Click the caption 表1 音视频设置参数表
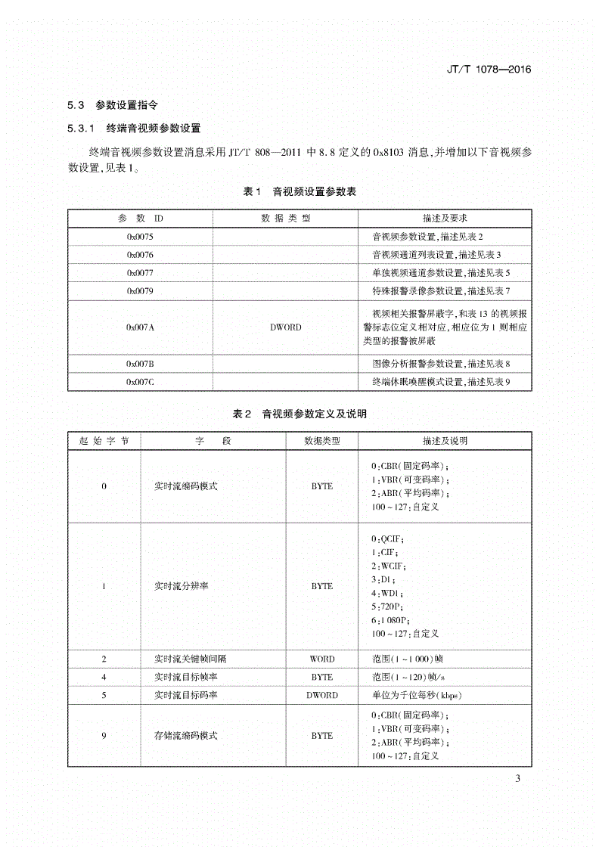[x=299, y=192]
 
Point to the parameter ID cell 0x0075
[x=140, y=237]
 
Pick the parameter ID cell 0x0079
[x=140, y=291]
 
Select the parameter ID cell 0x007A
[x=140, y=327]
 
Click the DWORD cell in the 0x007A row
[x=285, y=327]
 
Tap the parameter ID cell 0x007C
[x=140, y=382]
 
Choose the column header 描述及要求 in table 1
[x=445, y=218]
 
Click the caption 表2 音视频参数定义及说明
[x=299, y=414]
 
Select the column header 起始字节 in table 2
[x=104, y=440]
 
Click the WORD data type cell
[x=321, y=659]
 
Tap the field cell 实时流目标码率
[x=185, y=695]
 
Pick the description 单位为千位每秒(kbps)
[x=416, y=695]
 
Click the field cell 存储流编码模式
[x=185, y=735]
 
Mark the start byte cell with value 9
[x=104, y=735]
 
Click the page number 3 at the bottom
[x=518, y=779]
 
